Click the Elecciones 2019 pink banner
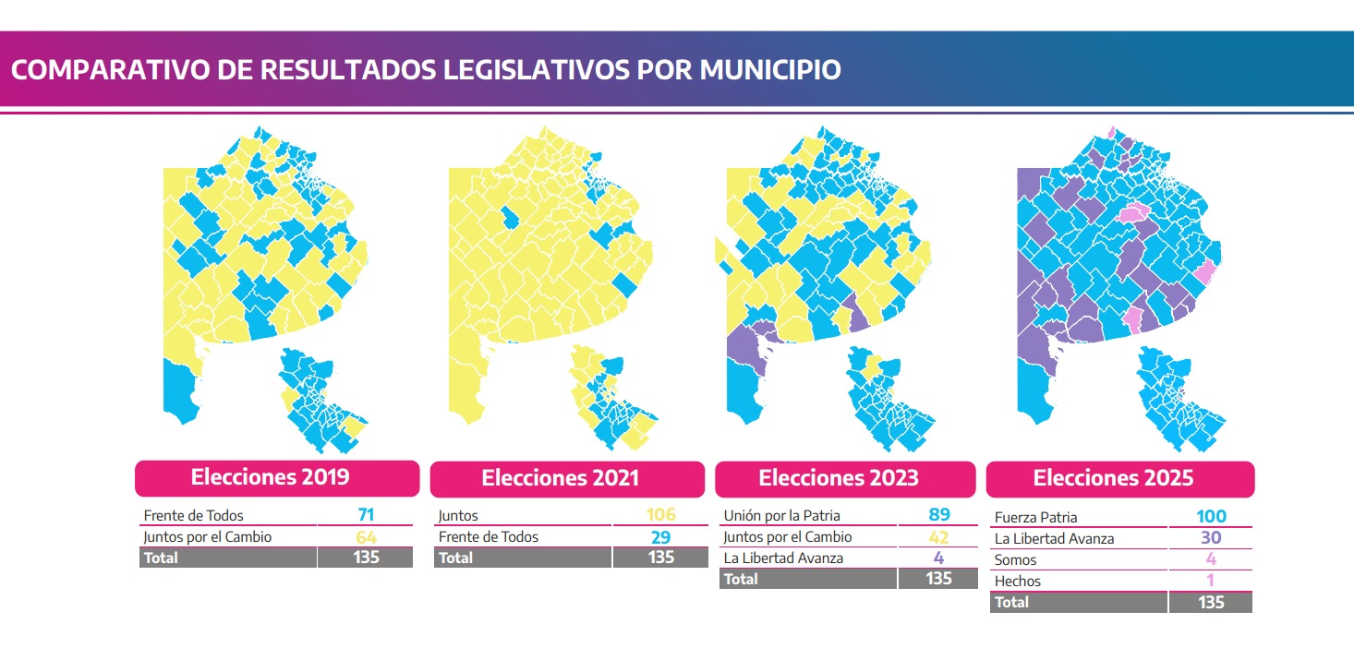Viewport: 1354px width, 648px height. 277,478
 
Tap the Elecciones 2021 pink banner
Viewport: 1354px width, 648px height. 561,478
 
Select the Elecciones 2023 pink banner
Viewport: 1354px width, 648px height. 845,478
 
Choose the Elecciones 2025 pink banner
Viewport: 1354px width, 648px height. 1119,478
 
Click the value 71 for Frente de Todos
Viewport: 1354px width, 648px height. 366,515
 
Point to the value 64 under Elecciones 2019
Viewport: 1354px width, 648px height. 366,536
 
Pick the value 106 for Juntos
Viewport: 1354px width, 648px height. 661,515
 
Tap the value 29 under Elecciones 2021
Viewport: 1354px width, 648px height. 661,536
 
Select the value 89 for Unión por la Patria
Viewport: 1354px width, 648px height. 938,515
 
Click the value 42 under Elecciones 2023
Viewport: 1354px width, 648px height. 938,536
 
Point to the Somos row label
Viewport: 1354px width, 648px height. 1015,560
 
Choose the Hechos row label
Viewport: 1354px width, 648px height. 1017,582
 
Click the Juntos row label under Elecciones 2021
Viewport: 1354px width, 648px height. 458,516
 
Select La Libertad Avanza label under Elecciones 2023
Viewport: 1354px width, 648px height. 784,558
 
